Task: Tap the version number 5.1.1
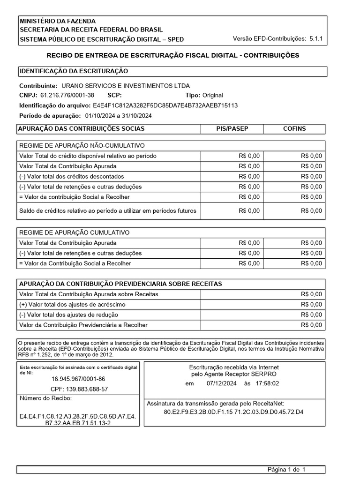click(317, 39)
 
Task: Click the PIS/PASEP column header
click(232, 128)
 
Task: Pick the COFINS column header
click(294, 128)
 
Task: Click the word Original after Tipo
click(213, 95)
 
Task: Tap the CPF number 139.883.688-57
click(79, 389)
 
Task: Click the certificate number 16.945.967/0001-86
click(78, 379)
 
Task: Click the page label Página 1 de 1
click(286, 469)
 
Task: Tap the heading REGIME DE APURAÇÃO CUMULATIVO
click(75, 232)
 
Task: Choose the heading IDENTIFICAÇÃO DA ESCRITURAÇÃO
click(74, 71)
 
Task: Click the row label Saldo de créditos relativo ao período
click(108, 210)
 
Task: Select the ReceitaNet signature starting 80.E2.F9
click(233, 412)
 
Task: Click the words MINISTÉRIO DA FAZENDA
click(57, 21)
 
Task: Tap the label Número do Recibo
click(45, 398)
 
